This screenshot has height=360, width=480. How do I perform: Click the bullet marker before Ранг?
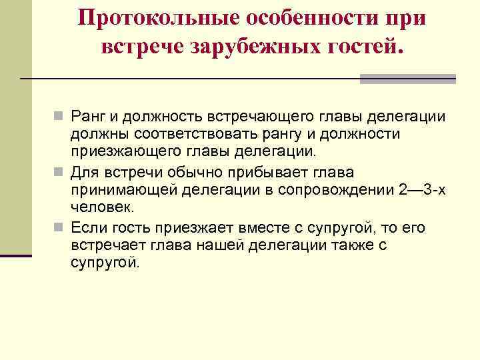pos(59,117)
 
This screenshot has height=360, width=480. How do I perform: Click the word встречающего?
pos(249,117)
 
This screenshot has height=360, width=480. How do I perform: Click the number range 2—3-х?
pos(421,191)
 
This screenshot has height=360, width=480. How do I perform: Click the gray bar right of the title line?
pos(407,79)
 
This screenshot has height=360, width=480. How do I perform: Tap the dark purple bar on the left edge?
pos(15,255)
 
